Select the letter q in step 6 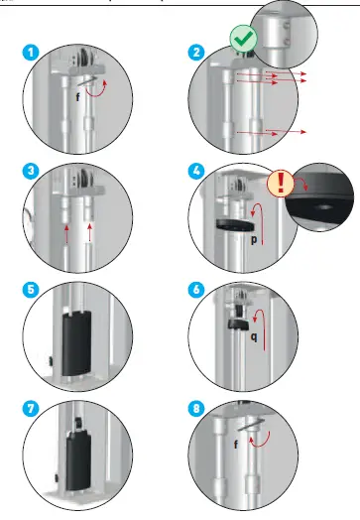pos(252,334)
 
